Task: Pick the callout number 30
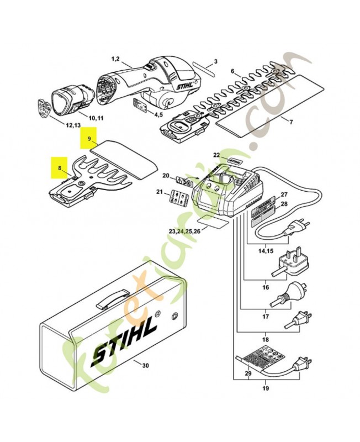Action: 145,365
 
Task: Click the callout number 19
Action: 266,389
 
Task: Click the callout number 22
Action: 216,156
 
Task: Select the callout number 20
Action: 165,176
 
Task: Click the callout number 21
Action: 160,192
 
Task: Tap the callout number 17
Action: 266,317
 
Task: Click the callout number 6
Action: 232,71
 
